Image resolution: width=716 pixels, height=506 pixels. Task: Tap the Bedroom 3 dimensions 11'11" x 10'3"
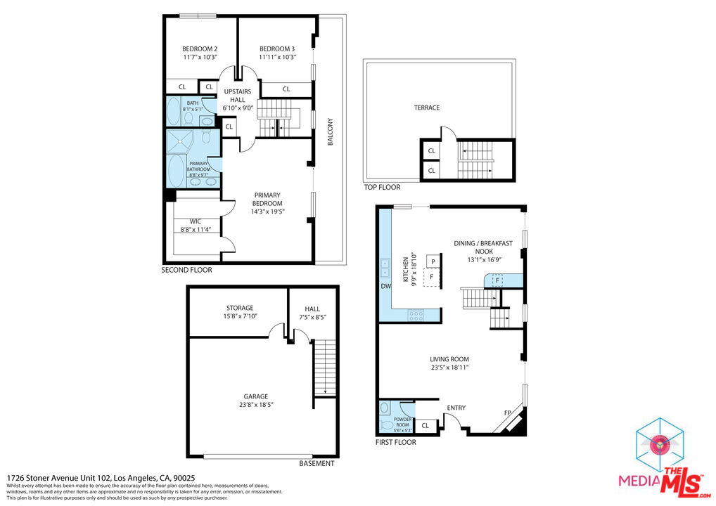(277, 57)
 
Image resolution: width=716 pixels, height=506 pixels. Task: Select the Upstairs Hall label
(237, 92)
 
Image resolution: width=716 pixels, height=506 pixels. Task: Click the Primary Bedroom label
(268, 199)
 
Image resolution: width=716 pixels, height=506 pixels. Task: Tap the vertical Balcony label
(329, 131)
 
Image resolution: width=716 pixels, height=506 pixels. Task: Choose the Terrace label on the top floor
(426, 108)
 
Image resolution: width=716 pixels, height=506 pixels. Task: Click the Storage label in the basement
(240, 308)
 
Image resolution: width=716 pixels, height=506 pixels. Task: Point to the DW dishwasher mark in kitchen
(385, 286)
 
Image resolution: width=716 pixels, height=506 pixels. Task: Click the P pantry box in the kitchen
(433, 262)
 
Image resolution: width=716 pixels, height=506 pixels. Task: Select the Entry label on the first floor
(456, 408)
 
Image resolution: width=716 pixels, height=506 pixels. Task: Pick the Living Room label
(449, 359)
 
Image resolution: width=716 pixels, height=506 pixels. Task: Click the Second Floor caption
(186, 270)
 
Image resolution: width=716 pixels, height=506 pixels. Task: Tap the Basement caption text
(317, 464)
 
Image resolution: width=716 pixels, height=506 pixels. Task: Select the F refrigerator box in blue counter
(497, 280)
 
